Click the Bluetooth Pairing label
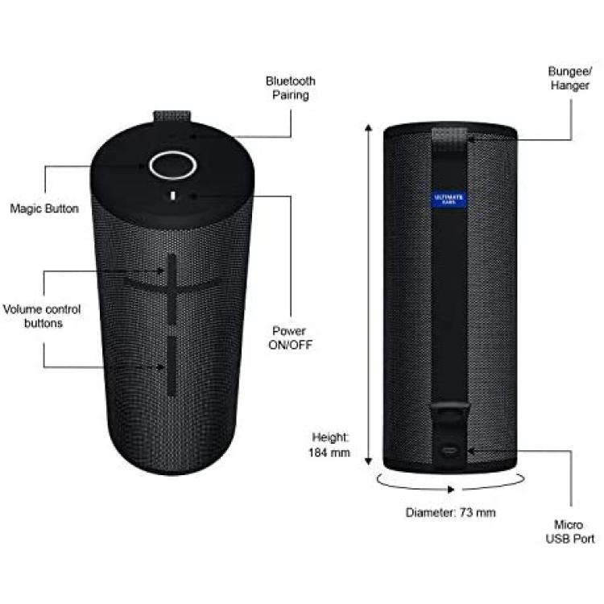click(291, 89)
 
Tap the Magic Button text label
click(44, 209)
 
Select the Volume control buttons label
click(42, 316)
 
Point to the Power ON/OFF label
click(290, 337)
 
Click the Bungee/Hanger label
click(569, 78)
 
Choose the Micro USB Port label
click(569, 532)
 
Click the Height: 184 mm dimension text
click(329, 445)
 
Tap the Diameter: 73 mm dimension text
click(450, 512)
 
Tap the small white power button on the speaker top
click(173, 196)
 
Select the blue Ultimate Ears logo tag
click(449, 199)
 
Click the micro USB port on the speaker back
click(449, 450)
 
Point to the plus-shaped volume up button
click(172, 288)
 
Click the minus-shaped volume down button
click(172, 366)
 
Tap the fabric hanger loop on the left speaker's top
click(172, 116)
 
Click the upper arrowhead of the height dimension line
click(369, 127)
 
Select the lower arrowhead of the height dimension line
click(369, 461)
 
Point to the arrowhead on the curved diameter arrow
click(451, 490)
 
